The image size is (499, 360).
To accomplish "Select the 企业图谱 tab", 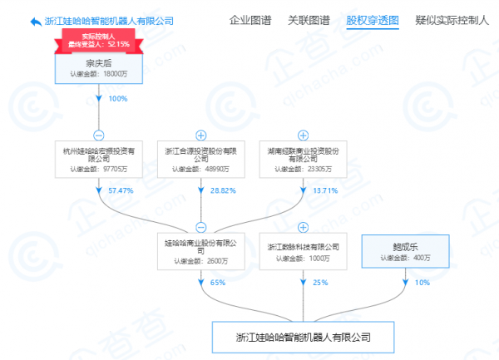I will pos(250,20).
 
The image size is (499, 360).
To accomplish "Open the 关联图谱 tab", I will pos(309,20).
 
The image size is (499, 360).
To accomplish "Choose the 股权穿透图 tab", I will pos(373,20).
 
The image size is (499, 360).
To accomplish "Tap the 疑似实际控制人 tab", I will pos(449,20).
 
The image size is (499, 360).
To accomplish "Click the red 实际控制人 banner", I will pos(99,39).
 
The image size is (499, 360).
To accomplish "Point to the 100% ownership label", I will pos(118,99).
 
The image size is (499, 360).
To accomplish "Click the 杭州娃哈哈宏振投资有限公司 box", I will pos(98,157).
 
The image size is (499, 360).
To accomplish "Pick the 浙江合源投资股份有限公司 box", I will pos(200,157).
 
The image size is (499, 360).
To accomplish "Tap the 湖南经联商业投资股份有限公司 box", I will pos(302,157).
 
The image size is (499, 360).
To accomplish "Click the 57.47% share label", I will pos(121,191).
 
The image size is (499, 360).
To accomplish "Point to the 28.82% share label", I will pos(220,191).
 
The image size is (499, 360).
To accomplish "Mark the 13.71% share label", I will pos(323,191).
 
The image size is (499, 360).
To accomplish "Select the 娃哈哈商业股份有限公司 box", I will pos(200,250).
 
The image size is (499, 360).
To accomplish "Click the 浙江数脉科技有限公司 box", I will pos(302,251).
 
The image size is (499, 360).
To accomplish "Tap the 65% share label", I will pos(218,284).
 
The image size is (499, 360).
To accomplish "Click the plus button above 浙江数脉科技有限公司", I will pos(302,226).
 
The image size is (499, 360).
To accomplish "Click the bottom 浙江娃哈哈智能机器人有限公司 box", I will pos(302,338).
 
